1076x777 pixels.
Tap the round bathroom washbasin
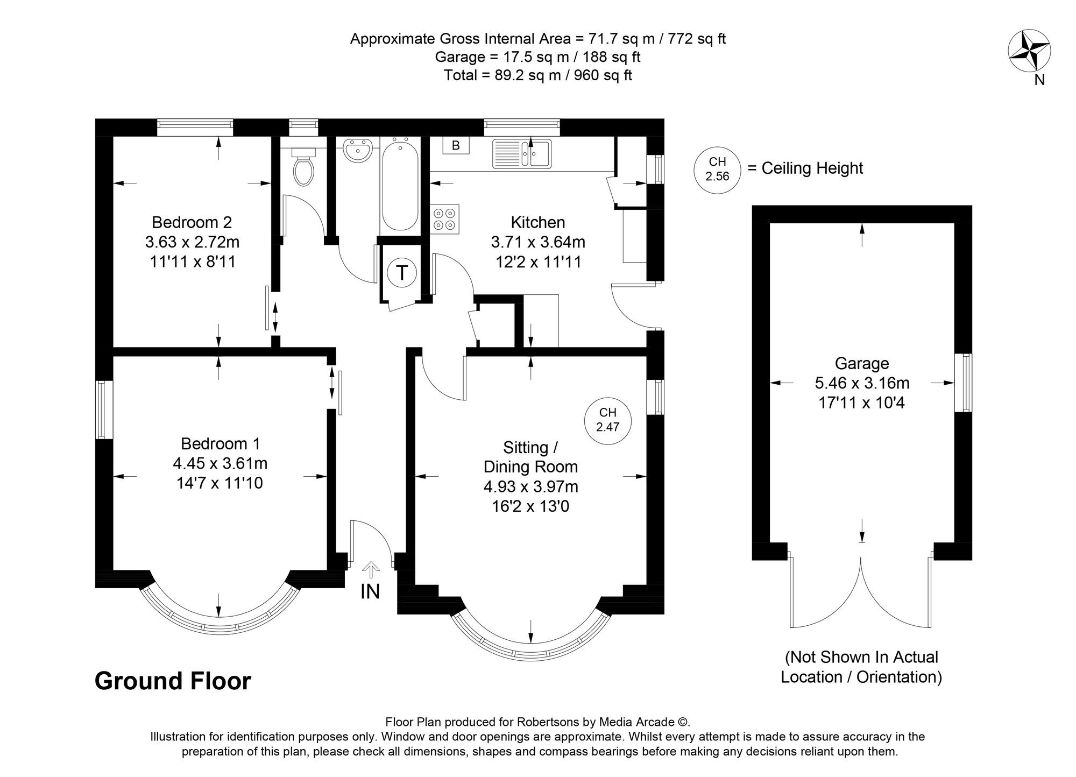pos(357,150)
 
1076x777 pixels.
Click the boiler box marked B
pos(456,146)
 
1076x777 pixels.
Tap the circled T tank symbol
pos(402,273)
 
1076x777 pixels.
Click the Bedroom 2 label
pos(192,222)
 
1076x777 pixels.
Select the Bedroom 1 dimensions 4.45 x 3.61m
pos(220,463)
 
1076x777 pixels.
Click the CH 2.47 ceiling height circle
pos(608,420)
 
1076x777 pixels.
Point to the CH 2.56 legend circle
pos(717,168)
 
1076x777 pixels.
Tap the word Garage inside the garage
pos(862,364)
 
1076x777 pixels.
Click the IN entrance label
pos(370,591)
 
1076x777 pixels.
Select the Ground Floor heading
pos(173,681)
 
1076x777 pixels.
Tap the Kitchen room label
pos(538,222)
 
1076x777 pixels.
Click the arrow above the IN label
pos(370,569)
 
